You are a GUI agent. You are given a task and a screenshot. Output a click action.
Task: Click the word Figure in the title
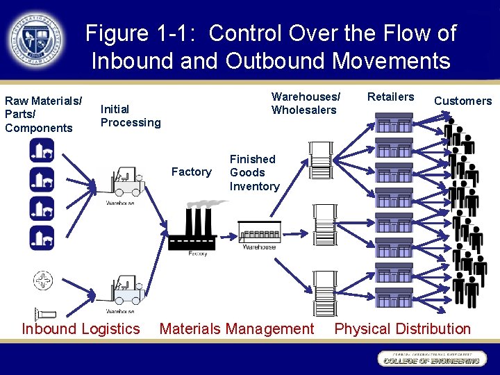coord(117,33)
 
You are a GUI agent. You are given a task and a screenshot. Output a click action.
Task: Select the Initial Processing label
coord(130,115)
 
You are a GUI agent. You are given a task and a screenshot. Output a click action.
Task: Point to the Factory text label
coord(191,172)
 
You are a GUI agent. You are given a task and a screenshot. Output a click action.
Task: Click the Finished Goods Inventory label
coord(254,172)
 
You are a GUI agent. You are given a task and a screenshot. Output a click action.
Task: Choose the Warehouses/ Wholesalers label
coord(306,103)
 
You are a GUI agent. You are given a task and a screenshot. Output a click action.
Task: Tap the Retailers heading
coord(390,97)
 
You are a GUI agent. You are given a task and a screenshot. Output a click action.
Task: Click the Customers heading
coord(462,101)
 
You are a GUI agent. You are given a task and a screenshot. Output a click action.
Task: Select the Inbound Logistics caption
coord(81,328)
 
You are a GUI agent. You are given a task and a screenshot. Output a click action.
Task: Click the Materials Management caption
coord(237,328)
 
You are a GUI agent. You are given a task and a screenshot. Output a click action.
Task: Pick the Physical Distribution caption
coord(402,328)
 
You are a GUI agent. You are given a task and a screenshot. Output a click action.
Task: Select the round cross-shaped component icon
coord(42,281)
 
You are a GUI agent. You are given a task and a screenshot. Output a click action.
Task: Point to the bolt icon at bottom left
coord(42,313)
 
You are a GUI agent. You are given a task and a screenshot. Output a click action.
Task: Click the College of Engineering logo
coord(430,358)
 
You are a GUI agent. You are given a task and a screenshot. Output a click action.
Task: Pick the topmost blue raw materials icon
coord(42,150)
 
